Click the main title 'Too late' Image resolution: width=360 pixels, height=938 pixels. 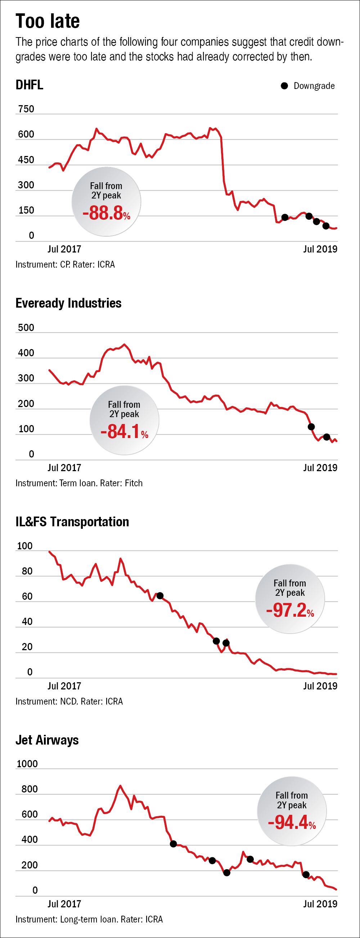coord(48,21)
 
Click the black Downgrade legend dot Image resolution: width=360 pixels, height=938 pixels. coord(284,86)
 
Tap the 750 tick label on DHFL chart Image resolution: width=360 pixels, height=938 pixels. coord(26,109)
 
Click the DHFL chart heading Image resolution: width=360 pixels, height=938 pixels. coord(30,85)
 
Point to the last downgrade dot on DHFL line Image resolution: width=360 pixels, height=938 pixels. coord(326,226)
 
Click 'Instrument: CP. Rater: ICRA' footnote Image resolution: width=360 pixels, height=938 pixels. coord(65,265)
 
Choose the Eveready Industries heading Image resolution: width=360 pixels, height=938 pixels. coord(68,303)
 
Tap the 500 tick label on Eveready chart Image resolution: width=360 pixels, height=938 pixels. coord(26,328)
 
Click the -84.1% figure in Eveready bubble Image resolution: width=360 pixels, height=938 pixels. coord(125,432)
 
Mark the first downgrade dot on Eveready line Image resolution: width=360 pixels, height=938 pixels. coord(311,427)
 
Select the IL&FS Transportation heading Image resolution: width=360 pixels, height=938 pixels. coord(72,522)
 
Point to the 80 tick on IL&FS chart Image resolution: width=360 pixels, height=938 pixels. coord(27,571)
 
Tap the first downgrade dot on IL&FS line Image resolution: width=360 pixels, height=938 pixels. coord(160,596)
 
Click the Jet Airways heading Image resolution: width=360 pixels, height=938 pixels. coord(47,740)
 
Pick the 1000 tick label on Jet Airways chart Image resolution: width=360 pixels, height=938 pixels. coord(27,764)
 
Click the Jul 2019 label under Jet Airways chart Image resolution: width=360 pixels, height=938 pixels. coord(320,904)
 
